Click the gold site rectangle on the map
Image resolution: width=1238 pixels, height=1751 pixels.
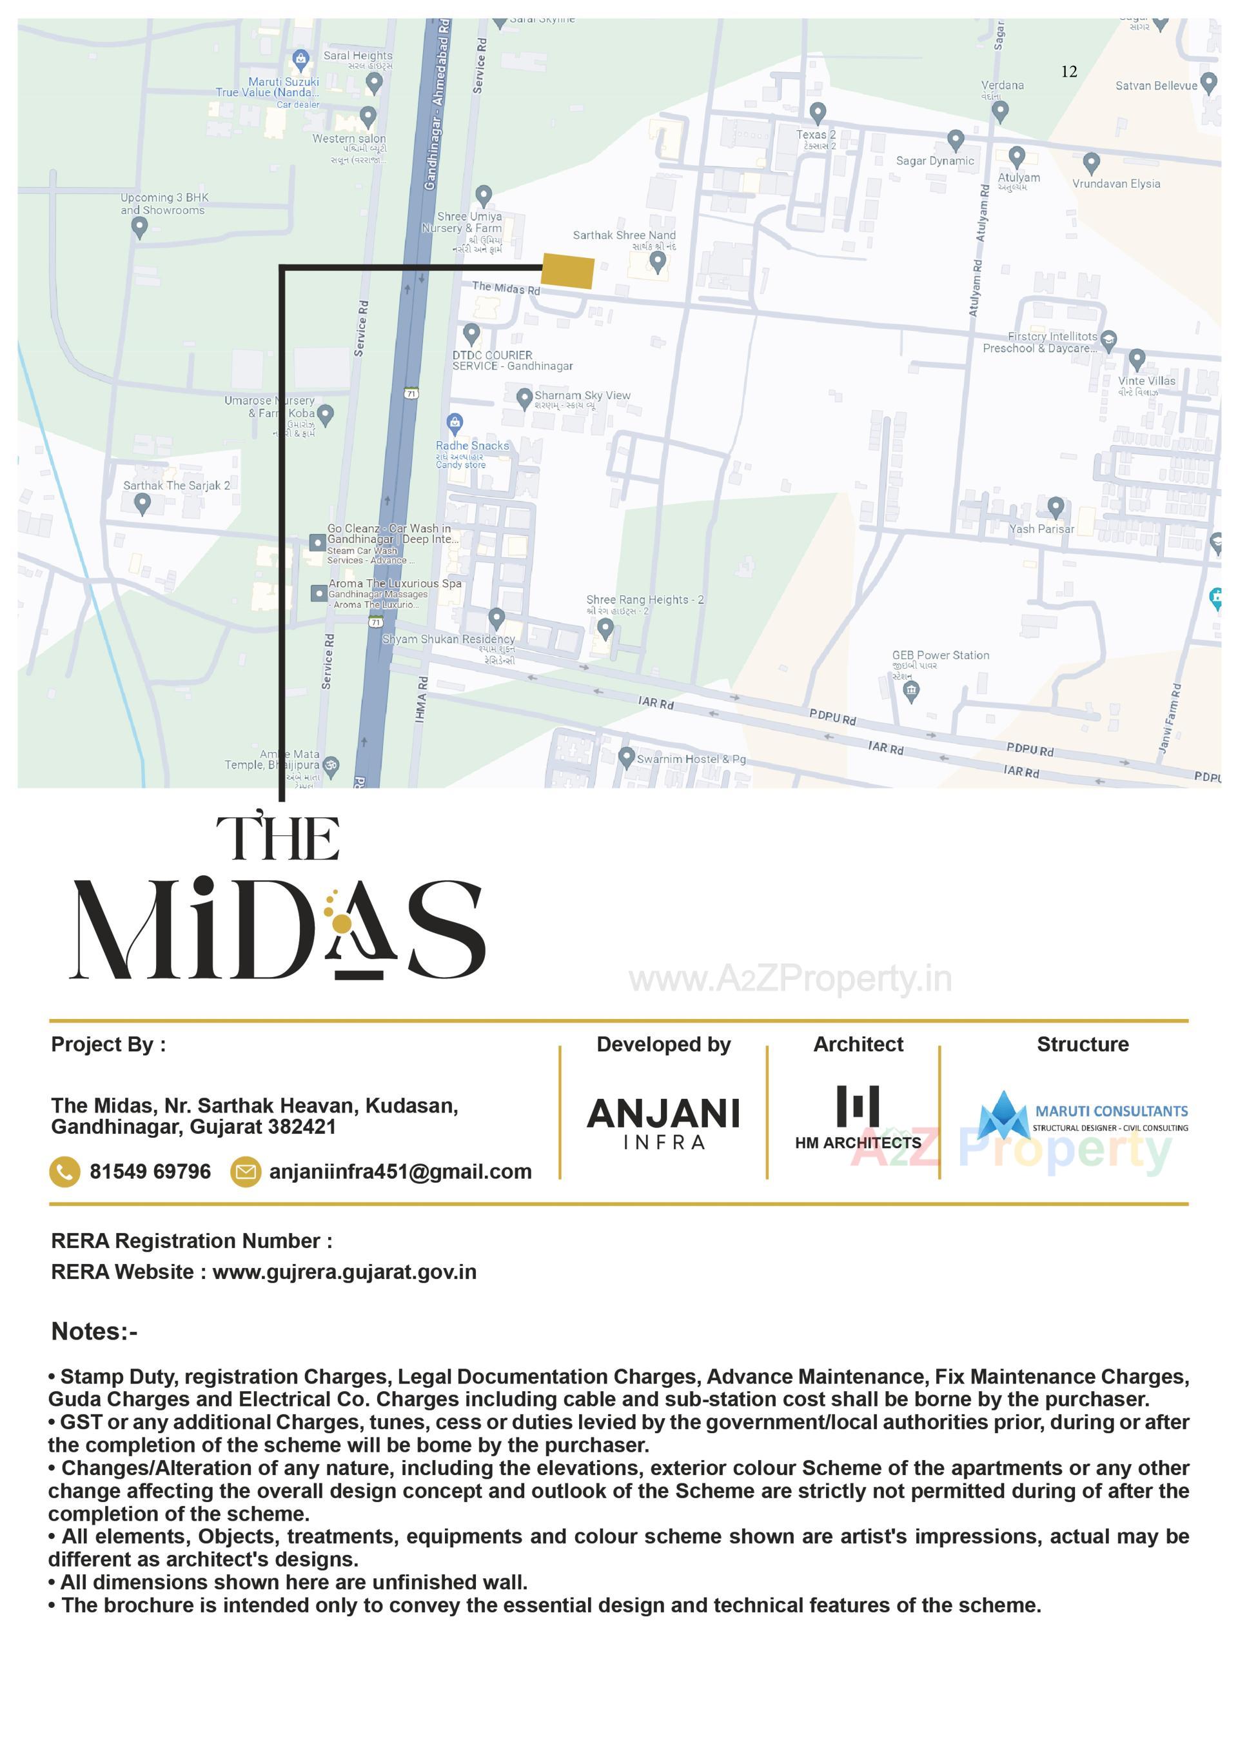[567, 272]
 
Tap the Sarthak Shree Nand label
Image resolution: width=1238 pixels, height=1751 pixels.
[624, 235]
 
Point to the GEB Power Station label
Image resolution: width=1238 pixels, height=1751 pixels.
[940, 655]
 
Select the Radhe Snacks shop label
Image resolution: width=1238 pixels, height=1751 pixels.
[472, 446]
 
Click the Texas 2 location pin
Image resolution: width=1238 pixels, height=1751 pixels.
[817, 113]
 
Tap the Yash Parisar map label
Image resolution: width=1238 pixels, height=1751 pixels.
[1041, 528]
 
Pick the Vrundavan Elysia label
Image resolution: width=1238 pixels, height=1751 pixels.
[1115, 184]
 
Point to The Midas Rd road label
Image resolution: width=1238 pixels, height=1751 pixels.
[506, 288]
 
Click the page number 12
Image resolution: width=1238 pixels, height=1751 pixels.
[1069, 72]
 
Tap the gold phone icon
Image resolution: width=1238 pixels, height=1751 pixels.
[64, 1171]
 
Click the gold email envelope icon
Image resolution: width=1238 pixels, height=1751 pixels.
[246, 1171]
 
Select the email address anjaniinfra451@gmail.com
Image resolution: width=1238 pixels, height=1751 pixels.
[400, 1171]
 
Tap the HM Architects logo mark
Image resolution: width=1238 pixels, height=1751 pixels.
[858, 1106]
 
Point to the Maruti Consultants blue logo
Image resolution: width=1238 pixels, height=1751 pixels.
[1003, 1116]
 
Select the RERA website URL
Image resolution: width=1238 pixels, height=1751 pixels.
[344, 1272]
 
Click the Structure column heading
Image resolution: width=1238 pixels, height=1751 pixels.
[1083, 1044]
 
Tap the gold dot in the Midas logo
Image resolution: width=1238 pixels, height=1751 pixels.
[342, 924]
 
